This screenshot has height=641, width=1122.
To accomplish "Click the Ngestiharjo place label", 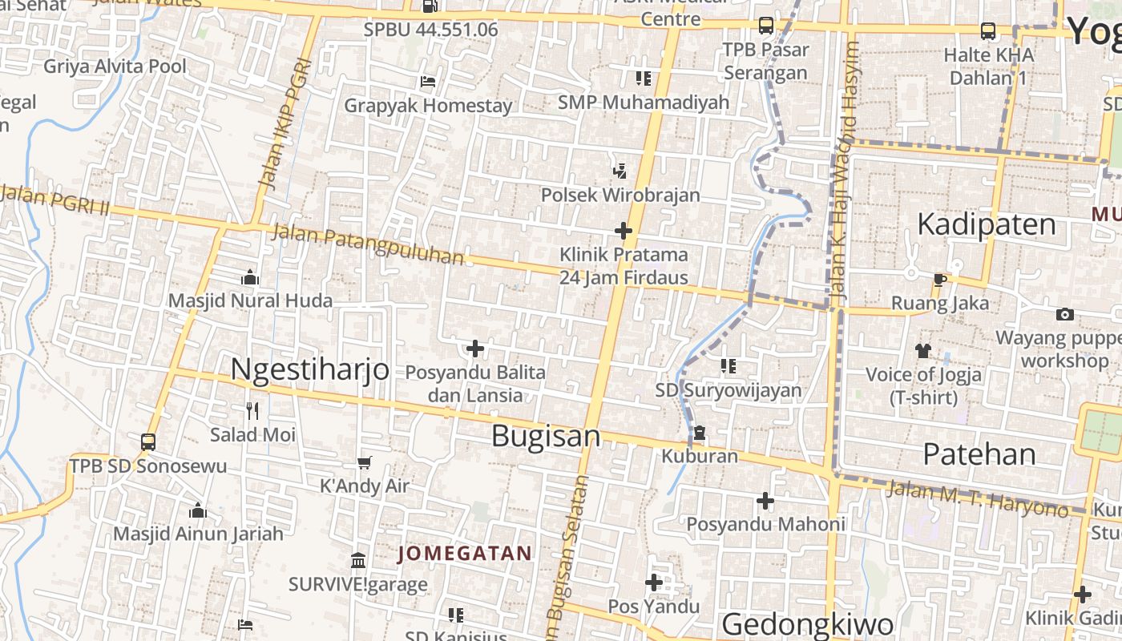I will point(309,369).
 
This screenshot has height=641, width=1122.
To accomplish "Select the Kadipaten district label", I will point(986,224).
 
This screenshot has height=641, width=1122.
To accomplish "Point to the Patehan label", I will point(979,454).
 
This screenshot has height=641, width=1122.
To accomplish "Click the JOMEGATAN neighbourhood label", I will point(465,553).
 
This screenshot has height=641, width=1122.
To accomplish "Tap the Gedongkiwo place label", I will point(807,623).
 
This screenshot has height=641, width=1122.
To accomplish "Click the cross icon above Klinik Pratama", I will point(623,231).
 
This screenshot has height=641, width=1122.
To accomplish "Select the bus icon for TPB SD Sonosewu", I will point(148,441).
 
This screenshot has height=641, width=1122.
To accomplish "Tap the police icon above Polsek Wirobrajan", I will point(620,170).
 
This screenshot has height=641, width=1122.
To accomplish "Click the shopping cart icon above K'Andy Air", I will point(365,462).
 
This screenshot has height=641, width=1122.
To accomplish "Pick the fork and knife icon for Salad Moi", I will point(252,411).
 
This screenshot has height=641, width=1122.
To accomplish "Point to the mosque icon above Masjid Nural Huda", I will point(250,277).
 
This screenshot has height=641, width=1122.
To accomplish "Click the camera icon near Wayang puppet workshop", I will point(1064,314).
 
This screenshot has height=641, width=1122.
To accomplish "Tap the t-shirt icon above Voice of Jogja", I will point(923,350).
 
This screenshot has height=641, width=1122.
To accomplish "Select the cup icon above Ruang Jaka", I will point(940,280).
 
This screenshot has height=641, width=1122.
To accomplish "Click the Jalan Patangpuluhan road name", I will point(368,244).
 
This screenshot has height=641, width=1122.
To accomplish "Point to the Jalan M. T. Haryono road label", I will point(977,497).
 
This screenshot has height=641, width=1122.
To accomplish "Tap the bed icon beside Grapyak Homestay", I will point(428,81).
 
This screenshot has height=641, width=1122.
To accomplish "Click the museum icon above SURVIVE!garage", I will point(358,559).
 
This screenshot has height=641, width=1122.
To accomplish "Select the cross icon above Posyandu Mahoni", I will point(765,501).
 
